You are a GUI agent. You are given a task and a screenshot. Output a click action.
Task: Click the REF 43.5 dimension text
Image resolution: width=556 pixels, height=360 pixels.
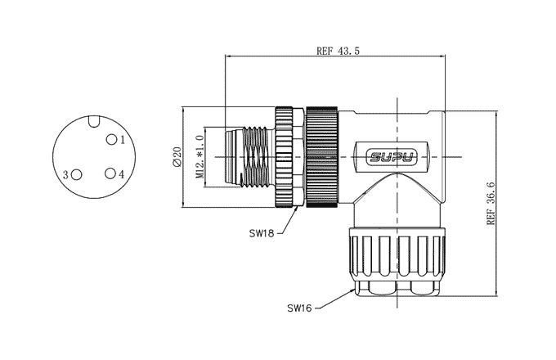(338, 51)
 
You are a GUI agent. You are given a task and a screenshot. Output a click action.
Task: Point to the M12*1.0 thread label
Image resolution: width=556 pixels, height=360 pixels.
(200, 155)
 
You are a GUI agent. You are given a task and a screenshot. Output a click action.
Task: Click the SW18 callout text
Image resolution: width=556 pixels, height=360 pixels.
(261, 232)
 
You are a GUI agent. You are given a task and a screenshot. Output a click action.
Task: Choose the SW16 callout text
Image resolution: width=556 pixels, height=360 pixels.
(298, 308)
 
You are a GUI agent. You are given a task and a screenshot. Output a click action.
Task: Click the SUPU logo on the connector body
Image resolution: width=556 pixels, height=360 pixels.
(391, 155)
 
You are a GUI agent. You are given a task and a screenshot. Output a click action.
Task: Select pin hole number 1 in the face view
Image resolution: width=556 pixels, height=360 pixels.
(110, 140)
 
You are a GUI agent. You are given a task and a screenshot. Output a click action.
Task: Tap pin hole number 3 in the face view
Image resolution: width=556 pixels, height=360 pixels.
(77, 174)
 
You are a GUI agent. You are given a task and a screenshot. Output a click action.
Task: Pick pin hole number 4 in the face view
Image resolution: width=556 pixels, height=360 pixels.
(109, 174)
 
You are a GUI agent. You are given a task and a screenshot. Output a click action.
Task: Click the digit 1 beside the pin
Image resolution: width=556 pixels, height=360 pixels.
(122, 140)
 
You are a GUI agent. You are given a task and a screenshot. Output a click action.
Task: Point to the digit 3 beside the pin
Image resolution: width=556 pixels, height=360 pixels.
(65, 175)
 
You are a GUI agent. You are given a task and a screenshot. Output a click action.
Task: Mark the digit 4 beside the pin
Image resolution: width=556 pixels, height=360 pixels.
(121, 175)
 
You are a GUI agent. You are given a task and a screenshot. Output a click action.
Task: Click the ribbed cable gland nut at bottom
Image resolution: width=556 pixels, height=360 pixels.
(396, 258)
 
